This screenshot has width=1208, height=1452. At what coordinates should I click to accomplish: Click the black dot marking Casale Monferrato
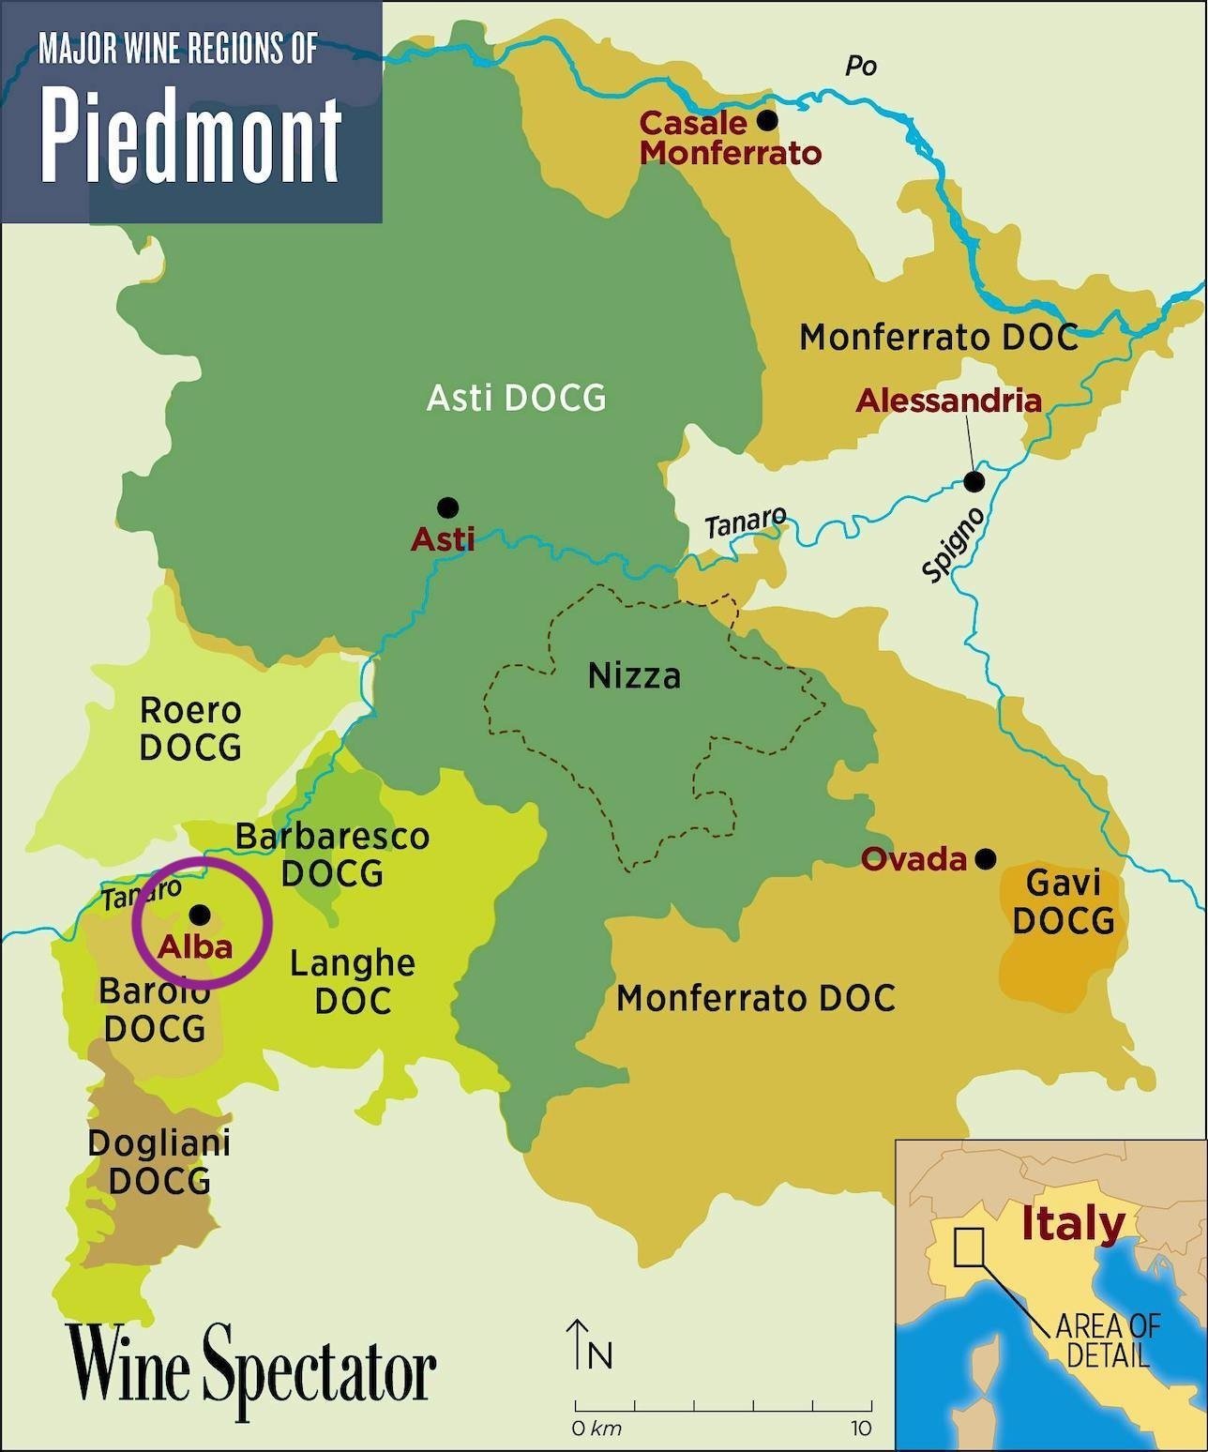(x=767, y=120)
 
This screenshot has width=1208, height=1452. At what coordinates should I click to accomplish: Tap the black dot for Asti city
(x=448, y=507)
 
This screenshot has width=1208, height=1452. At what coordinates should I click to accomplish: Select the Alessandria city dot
(x=974, y=482)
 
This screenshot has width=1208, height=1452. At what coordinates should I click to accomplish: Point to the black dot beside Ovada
(x=985, y=859)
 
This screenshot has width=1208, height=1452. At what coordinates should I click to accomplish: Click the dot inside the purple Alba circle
(x=200, y=915)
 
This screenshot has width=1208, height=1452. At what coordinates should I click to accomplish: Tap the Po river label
(x=860, y=66)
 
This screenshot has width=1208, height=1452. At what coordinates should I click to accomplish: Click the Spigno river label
(x=954, y=545)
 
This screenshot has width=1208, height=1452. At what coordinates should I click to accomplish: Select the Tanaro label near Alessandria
(x=746, y=522)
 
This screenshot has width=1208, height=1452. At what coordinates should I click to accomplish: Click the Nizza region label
(x=634, y=675)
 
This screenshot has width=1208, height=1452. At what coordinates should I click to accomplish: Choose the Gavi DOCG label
(x=1064, y=901)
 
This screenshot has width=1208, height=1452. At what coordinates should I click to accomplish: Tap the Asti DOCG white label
(x=516, y=398)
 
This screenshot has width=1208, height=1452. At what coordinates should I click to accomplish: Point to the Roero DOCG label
(x=190, y=729)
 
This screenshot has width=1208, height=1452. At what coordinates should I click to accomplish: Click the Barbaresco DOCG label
(x=332, y=855)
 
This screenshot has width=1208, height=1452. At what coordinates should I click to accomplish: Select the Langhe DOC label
(x=352, y=982)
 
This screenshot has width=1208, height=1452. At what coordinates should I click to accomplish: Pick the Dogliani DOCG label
(x=159, y=1161)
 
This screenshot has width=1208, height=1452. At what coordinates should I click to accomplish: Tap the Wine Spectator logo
(x=250, y=1371)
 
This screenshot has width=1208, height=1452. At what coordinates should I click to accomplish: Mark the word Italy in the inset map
(x=1072, y=1224)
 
